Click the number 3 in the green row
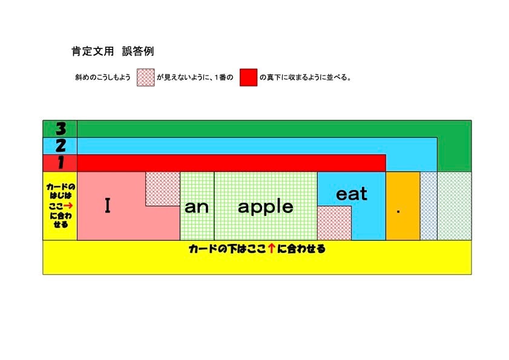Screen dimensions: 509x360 pos(60,128)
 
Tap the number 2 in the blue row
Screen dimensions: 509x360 pos(60,145)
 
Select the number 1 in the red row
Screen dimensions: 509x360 pos(60,163)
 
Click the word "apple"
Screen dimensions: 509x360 pos(265,207)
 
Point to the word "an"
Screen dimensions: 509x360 pos(197,207)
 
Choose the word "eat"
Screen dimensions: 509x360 pos(351,194)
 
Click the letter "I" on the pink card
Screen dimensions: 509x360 pos(108,206)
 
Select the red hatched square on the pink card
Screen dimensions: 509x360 pos(162,188)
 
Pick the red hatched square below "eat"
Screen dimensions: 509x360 pos(334,223)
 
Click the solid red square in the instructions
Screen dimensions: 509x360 pos(248,77)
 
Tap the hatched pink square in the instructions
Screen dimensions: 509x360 pos(145,77)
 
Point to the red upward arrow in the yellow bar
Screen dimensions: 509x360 pos(272,249)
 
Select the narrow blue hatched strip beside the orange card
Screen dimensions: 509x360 pos(429,206)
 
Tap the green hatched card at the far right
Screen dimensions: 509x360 pos(454,206)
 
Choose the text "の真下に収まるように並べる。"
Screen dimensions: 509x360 pos(306,77)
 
